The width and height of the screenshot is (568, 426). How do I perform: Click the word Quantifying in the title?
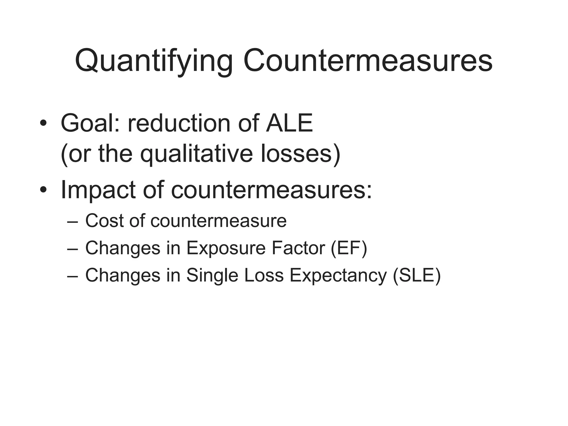coord(154,61)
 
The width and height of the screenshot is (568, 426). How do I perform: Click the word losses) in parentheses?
coord(301,154)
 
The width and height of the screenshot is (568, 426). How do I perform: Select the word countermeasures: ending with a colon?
coord(272,190)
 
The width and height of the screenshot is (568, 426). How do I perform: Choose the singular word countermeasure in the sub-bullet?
coord(219,221)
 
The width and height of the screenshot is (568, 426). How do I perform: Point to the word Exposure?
coord(226,248)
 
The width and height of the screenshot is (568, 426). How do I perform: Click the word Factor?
coord(298,248)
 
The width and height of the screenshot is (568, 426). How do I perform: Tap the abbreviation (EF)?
coord(349,248)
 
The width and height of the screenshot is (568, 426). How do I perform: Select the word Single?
coord(212,275)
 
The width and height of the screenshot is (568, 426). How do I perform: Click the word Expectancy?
coord(338,275)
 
